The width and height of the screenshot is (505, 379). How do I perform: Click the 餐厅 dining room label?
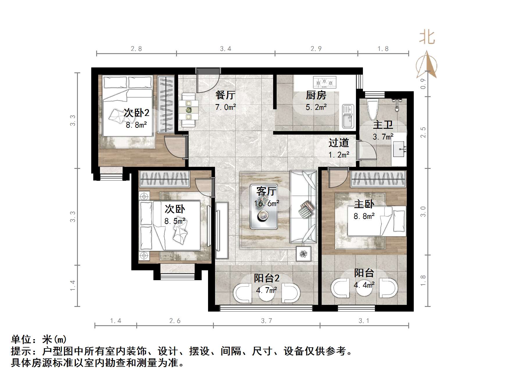225,95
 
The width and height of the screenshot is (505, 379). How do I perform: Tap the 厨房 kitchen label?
316,95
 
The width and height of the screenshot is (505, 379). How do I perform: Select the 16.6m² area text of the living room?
267,203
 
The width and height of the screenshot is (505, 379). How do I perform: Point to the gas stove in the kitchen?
325,82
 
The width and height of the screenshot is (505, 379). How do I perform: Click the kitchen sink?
348,116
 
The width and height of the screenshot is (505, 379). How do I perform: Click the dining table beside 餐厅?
189,110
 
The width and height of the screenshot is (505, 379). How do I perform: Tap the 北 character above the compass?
427,37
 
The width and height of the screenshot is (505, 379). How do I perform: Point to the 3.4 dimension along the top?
225,49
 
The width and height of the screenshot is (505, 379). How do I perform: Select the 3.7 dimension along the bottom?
266,321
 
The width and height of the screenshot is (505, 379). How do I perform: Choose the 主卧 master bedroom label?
364,204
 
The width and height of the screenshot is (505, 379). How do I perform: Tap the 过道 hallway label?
339,143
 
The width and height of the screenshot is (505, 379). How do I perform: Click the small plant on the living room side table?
303,254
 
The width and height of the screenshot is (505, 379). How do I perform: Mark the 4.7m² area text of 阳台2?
266,290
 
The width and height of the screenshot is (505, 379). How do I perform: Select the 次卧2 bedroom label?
136,113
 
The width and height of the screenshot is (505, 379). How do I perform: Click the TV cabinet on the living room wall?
222,230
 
